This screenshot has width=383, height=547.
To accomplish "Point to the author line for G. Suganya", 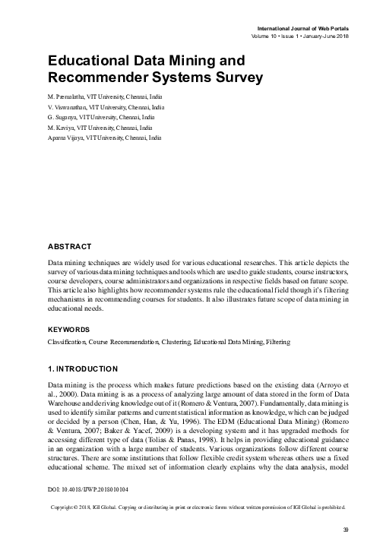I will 100,119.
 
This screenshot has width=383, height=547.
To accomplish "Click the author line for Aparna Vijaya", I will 103,140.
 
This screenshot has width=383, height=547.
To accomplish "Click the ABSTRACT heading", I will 69,248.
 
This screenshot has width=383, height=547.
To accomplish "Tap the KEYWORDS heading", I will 68,329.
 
